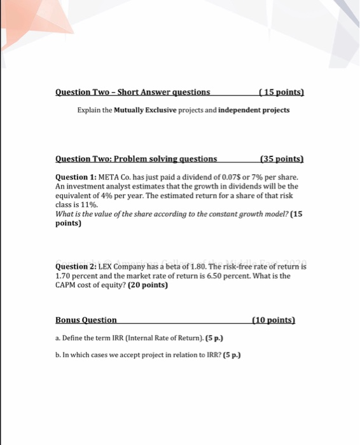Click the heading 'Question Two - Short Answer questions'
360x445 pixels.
pyautogui.click(x=133, y=92)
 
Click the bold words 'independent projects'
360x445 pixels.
pyautogui.click(x=254, y=110)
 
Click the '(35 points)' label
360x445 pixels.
pyautogui.click(x=282, y=158)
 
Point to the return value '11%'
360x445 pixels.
pyautogui.click(x=88, y=205)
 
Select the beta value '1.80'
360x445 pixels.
pyautogui.click(x=189, y=267)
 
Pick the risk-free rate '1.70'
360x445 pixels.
pyautogui.click(x=64, y=277)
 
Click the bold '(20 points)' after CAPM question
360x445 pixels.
pyautogui.click(x=148, y=285)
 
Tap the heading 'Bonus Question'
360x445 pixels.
pyautogui.click(x=86, y=320)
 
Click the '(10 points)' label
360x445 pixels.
pyautogui.click(x=274, y=320)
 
